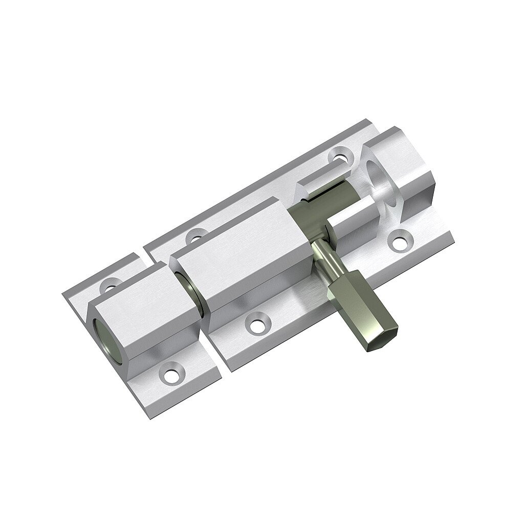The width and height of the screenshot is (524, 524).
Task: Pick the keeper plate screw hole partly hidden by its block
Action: click(111, 282)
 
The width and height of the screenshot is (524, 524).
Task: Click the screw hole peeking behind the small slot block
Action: click(339, 153)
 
